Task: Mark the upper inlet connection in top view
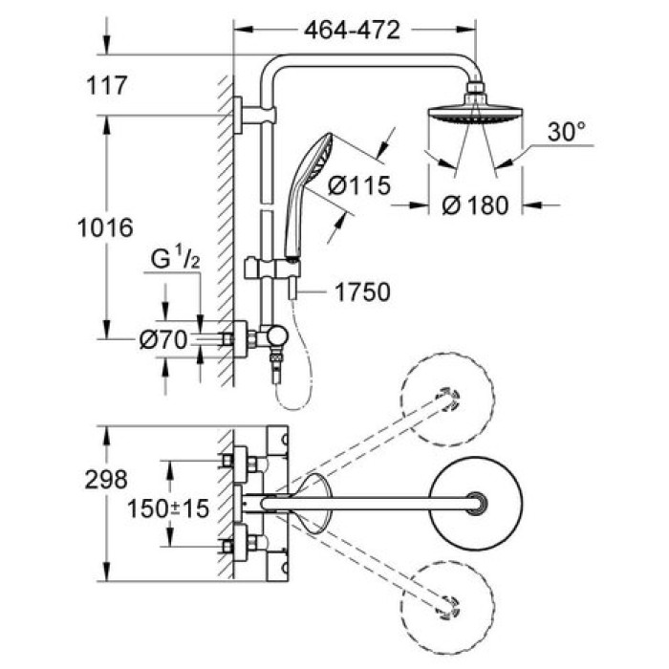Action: [x=237, y=461]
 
